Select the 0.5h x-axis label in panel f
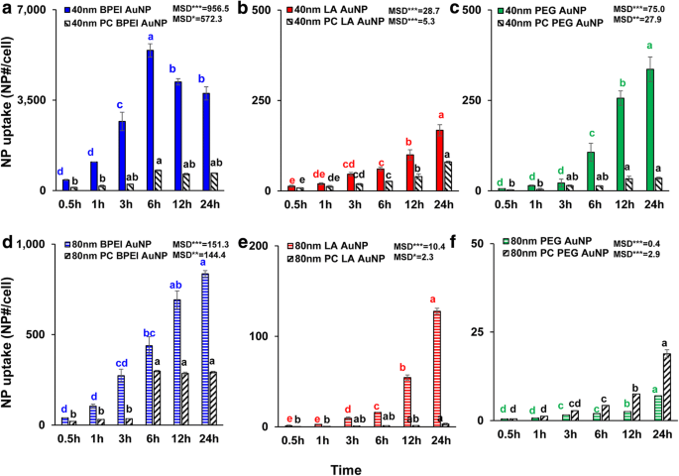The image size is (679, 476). coord(508,434)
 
